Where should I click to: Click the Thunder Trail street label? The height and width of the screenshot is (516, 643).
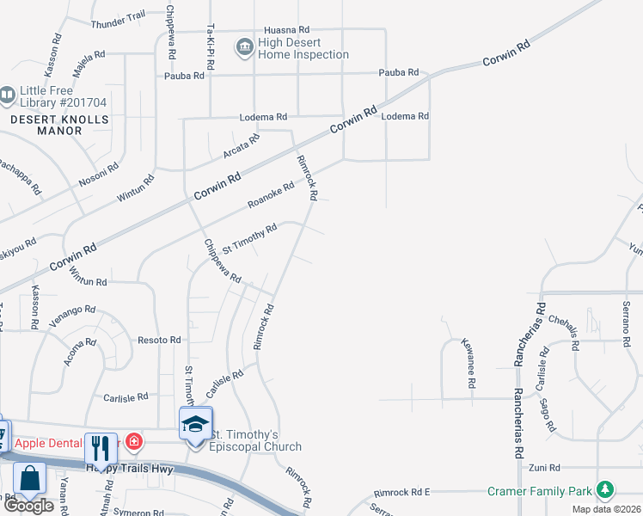coord(119,17)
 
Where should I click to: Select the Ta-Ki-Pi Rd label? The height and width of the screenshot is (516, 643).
coord(210,47)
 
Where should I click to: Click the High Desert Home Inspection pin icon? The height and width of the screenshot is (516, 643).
coord(244,46)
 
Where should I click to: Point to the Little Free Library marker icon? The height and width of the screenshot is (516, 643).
coord(8,94)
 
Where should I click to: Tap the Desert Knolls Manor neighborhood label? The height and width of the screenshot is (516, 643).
coord(59,125)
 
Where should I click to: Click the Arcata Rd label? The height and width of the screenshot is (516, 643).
coord(242,147)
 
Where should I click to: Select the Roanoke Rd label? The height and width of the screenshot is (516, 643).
coord(271,194)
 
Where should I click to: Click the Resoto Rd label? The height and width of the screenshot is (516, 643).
coord(159,341)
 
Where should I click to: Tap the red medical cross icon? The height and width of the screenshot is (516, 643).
coord(133,442)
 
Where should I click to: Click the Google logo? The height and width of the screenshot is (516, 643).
coord(28,506)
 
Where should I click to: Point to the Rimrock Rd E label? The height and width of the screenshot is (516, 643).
coord(401,493)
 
